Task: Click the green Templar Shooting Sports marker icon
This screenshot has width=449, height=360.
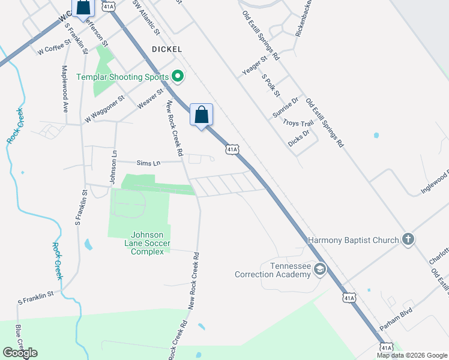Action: (177, 76)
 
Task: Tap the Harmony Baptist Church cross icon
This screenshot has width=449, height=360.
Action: (408, 240)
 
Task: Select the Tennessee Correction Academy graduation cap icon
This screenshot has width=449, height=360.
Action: (320, 270)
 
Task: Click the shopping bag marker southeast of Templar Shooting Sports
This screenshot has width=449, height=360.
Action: (201, 114)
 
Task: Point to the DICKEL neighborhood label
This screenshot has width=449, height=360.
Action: (167, 49)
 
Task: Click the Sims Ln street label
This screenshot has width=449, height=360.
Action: (148, 163)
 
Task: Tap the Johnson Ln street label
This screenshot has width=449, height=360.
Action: (112, 167)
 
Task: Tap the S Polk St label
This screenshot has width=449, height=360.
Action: (271, 85)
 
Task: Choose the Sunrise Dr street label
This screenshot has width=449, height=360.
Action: (285, 109)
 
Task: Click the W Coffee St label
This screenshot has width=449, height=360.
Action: (55, 47)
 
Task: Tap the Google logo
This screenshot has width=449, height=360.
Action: (20, 353)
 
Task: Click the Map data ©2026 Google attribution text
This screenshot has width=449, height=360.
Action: (411, 355)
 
